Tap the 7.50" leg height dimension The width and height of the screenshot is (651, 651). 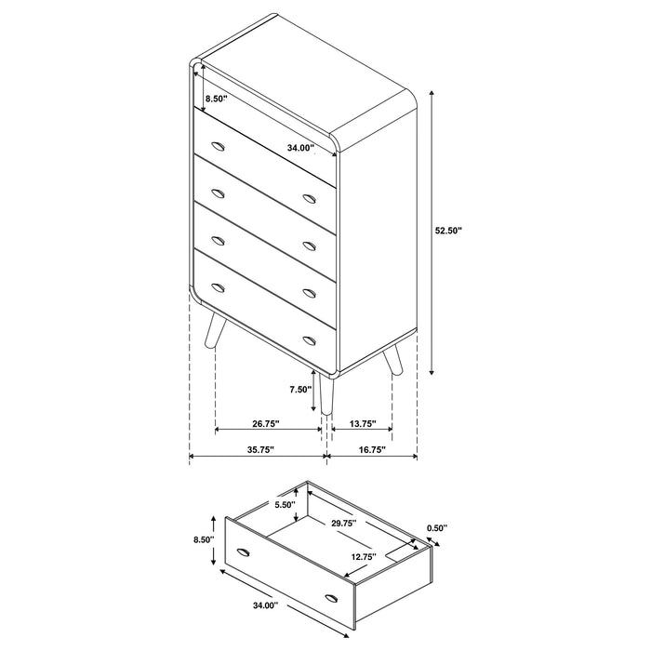click(x=299, y=390)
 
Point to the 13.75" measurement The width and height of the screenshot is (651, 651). click(x=362, y=424)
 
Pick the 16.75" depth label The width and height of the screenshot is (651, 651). click(x=371, y=450)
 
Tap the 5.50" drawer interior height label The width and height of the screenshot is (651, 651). click(x=285, y=505)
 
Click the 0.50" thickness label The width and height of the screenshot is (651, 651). click(x=437, y=528)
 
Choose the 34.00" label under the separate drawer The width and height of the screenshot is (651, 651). click(x=263, y=605)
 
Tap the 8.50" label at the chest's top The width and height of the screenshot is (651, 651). click(x=216, y=98)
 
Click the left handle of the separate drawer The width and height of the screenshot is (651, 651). click(x=245, y=552)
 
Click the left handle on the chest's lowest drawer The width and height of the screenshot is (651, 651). click(x=218, y=286)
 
